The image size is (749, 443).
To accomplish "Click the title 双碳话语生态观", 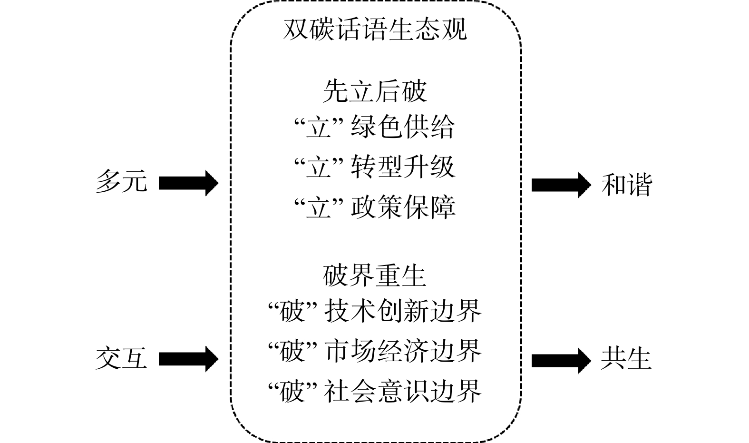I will pos(375,30).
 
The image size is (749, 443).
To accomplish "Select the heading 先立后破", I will pos(375,91).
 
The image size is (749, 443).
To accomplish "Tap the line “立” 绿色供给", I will pos(375,128).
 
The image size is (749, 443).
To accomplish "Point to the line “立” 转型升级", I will pos(375,167).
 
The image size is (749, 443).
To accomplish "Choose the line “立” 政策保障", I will pos(375,207).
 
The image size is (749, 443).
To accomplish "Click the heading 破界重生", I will pos(375,276).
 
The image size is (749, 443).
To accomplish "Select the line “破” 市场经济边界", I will pos(375,351).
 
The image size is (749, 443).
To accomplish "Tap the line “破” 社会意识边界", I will pos(375,391).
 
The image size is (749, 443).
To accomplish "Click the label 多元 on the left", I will pos(121,182).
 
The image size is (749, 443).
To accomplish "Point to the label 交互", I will pos(121,358).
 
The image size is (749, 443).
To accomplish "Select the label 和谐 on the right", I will pos(626,185).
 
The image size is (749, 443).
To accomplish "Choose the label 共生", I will pos(626,358).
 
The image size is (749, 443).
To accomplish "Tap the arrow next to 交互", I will pos(188,359).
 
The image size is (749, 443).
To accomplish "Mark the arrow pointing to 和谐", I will pos(561,185).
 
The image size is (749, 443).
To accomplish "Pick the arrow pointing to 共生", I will pos(561,360).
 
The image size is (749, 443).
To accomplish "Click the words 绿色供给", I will pos(403,128).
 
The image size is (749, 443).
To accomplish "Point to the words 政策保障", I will pos(403,207).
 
